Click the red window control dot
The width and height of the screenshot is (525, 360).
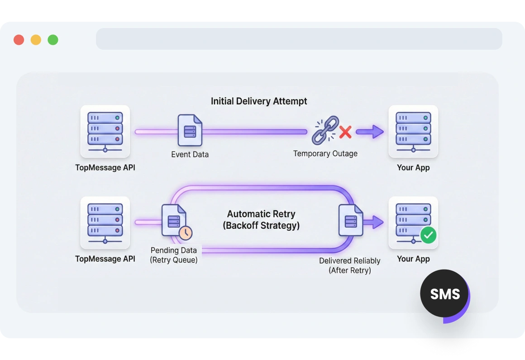coord(19,40)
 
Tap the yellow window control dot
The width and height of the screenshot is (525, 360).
coord(36,40)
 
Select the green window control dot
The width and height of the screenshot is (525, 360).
coord(53,40)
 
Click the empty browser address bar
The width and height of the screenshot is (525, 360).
coord(299,39)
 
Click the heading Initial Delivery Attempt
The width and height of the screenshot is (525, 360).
coord(259,101)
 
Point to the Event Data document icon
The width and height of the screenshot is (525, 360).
coord(190,131)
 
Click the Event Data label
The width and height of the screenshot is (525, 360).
coord(190,155)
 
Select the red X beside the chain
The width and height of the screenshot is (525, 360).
coord(345,132)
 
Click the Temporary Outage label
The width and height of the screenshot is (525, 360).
coord(325,154)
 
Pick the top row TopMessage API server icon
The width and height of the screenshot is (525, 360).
coord(105,131)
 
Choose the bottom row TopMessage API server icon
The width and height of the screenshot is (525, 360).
coord(105,222)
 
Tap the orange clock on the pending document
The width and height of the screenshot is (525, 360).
coord(185,233)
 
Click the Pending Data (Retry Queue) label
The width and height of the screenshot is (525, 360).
coord(174,255)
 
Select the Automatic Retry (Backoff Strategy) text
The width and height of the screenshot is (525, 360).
coord(261,219)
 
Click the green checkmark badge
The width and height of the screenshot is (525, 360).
coord(428,235)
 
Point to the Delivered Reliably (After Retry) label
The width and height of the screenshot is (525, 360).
coord(349,265)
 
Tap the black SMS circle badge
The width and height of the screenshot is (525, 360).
coord(444,294)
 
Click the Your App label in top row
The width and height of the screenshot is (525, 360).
coord(413,168)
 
